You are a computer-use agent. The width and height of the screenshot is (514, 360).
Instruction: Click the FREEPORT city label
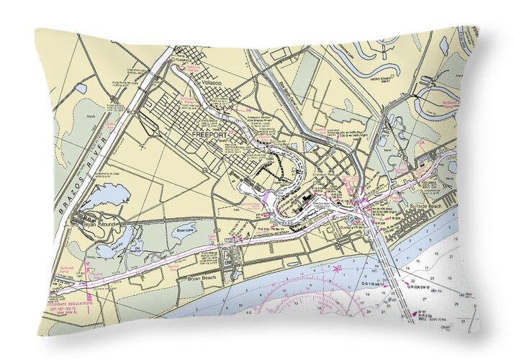(x=209, y=134)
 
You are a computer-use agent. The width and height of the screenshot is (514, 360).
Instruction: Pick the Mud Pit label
(x=111, y=244)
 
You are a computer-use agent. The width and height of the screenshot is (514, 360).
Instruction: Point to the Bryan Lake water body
(x=181, y=237)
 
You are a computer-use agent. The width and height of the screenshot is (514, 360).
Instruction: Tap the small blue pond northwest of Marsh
(x=81, y=89)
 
